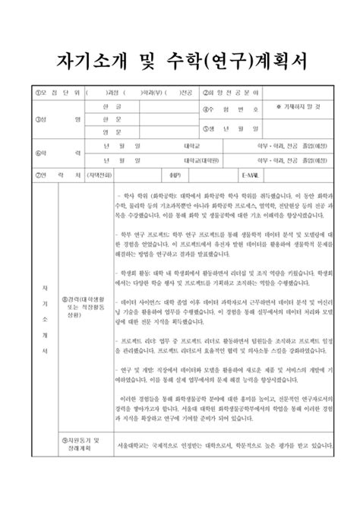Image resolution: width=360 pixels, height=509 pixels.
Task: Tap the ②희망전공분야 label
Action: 232,93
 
